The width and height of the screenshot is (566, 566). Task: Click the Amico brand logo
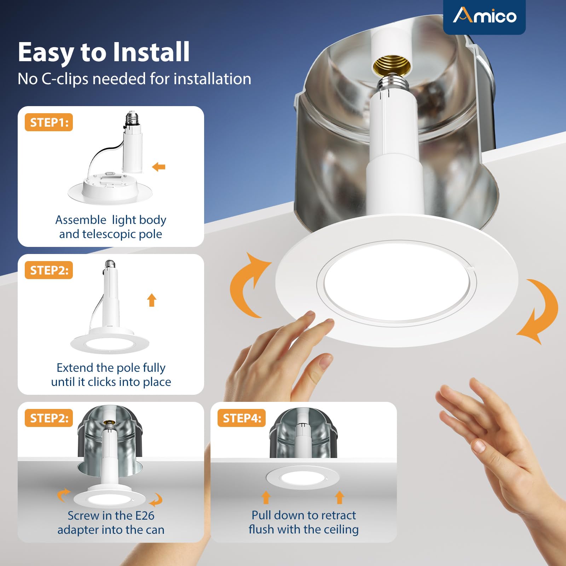click(485, 16)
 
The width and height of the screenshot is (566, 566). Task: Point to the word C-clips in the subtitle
click(65, 79)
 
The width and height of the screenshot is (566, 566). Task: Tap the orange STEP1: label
click(49, 122)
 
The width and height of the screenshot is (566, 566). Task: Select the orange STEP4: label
click(242, 418)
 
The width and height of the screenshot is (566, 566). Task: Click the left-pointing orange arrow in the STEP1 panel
click(158, 167)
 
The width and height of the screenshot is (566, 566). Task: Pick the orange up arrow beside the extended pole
click(152, 300)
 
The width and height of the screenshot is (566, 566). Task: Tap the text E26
click(145, 515)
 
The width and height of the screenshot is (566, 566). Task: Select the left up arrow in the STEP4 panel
click(266, 497)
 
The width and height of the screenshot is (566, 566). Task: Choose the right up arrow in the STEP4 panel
click(340, 497)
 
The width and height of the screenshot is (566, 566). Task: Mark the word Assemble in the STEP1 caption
click(81, 220)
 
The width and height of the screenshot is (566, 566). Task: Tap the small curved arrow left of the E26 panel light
click(64, 495)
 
